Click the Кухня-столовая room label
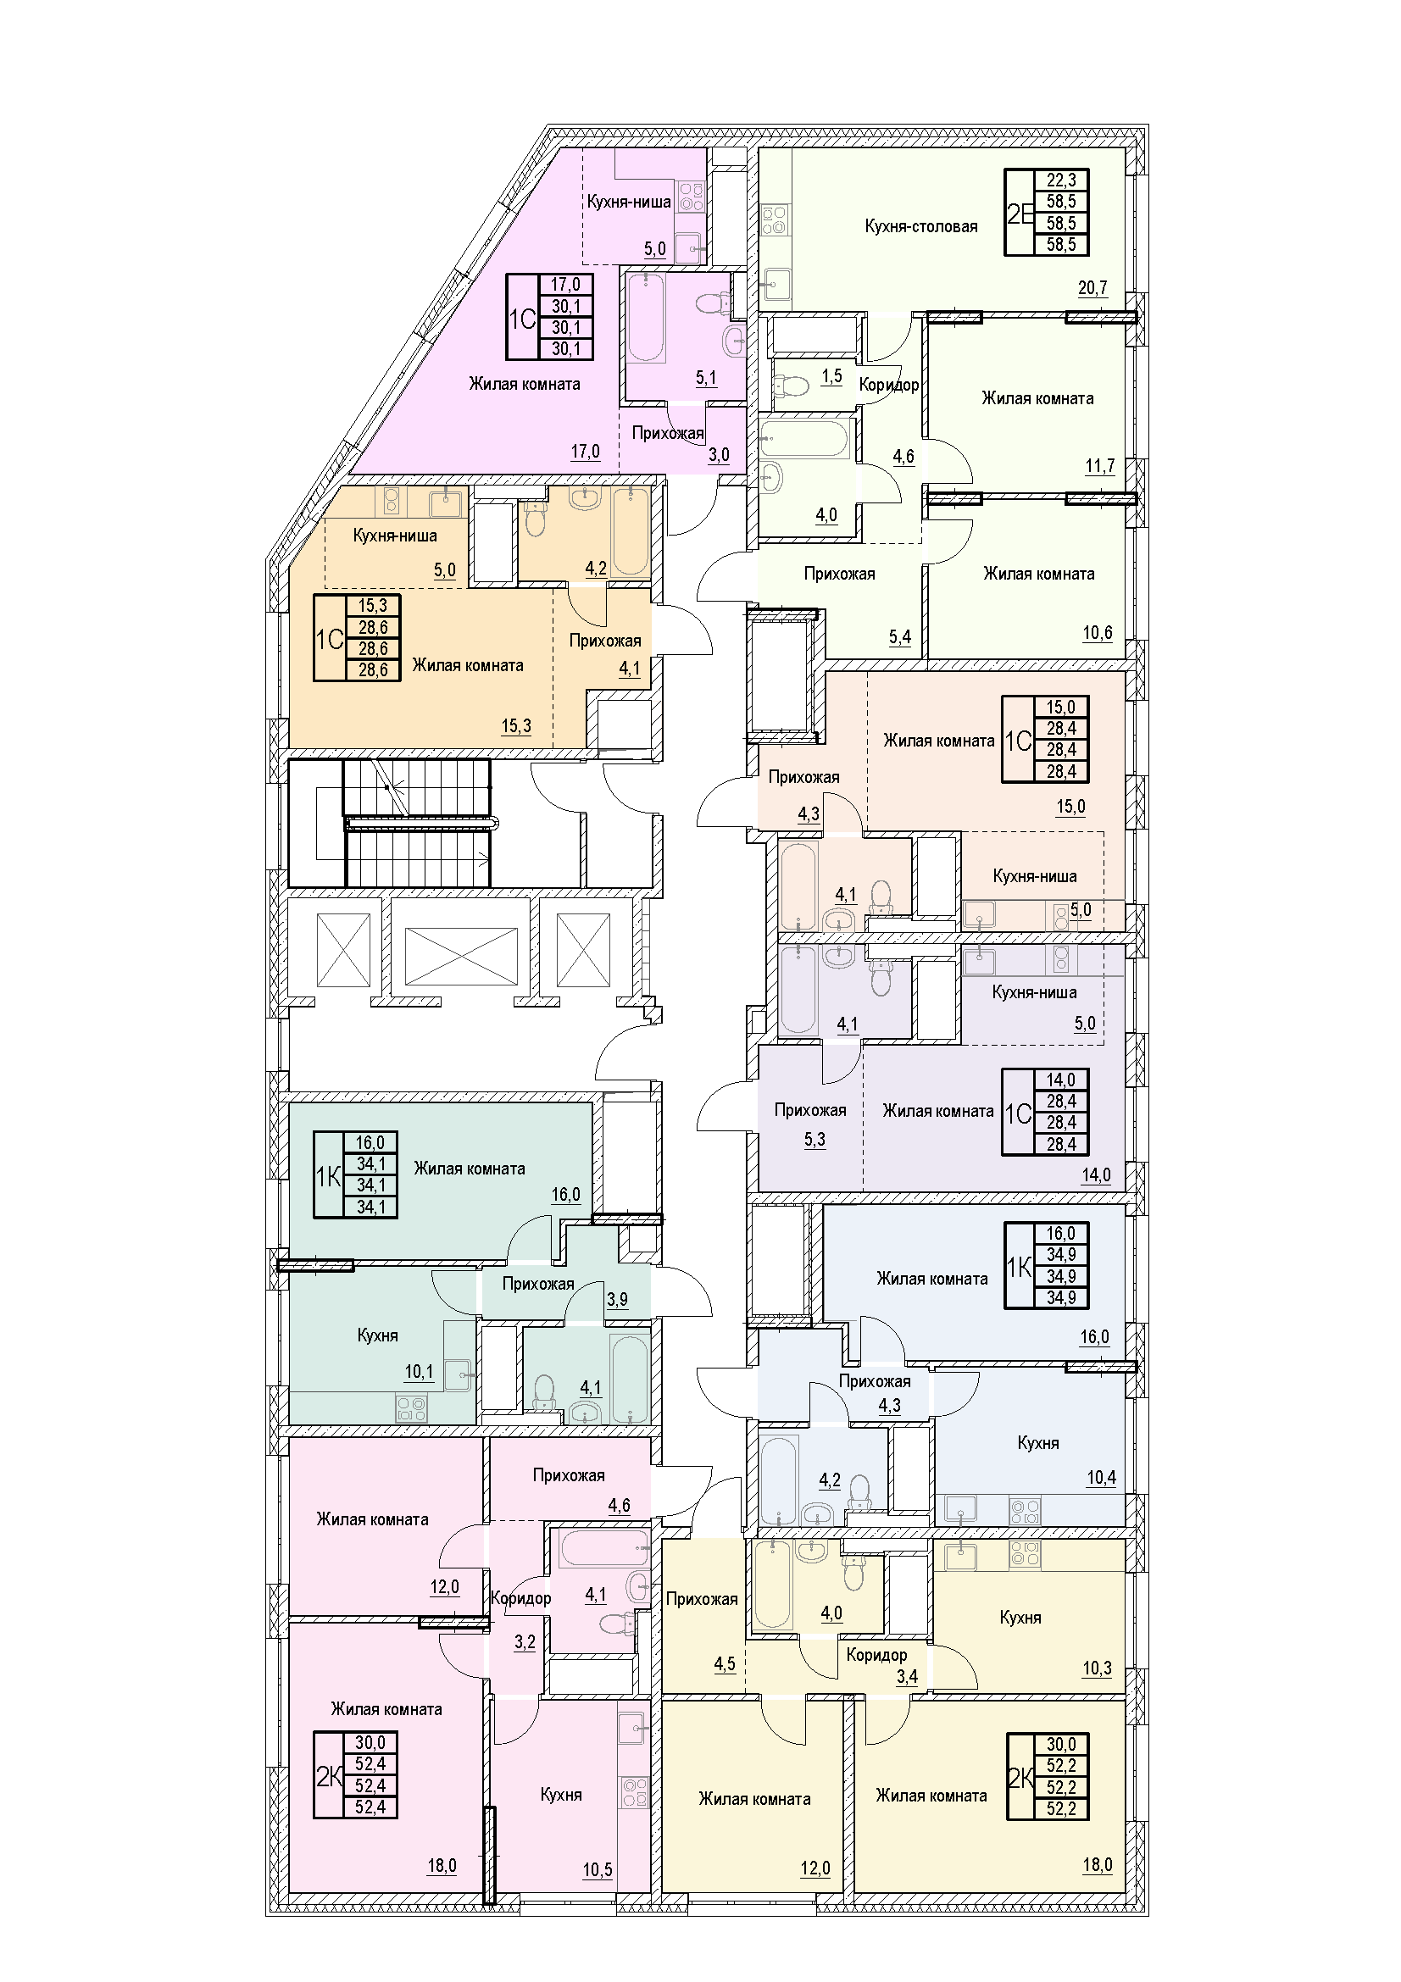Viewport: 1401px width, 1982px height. [x=921, y=227]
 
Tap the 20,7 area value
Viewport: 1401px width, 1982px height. [x=1092, y=288]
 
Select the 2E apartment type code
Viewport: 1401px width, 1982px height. [x=1020, y=214]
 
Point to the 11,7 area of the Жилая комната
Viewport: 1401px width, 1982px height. [x=1100, y=467]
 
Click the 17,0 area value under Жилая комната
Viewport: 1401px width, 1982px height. [x=585, y=452]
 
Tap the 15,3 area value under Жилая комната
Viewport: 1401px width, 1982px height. [x=516, y=727]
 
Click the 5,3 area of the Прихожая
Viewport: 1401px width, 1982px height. [x=814, y=1141]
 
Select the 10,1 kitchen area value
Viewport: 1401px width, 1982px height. [x=419, y=1372]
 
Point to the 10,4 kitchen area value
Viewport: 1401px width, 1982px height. [x=1102, y=1478]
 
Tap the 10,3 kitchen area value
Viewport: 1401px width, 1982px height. [x=1096, y=1668]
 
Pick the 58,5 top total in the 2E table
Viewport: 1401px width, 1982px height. [x=1061, y=202]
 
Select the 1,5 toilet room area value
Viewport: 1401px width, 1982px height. [x=831, y=377]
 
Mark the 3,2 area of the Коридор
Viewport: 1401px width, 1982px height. [x=525, y=1643]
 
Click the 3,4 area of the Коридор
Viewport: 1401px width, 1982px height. [x=906, y=1677]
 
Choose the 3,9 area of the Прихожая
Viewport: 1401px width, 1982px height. [x=617, y=1299]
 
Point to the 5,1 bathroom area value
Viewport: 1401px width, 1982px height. [x=706, y=378]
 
